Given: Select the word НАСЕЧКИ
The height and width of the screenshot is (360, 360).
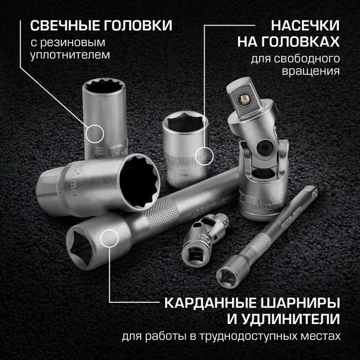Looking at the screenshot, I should point(306,25).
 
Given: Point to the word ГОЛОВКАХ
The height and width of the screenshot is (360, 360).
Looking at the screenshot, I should point(288,42).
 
